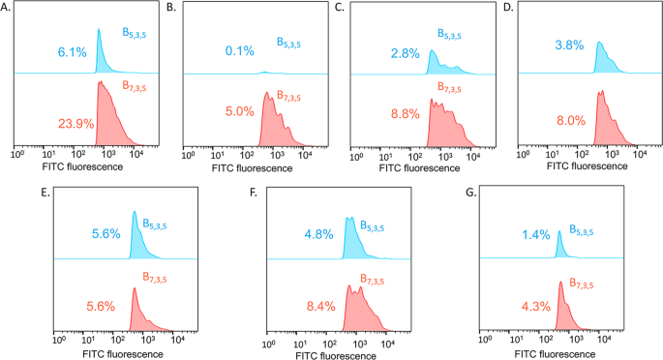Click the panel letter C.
pyautogui.click(x=340, y=8)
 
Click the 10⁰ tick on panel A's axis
pyautogui.click(x=16, y=152)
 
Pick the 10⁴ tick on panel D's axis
pyautogui.click(x=636, y=152)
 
